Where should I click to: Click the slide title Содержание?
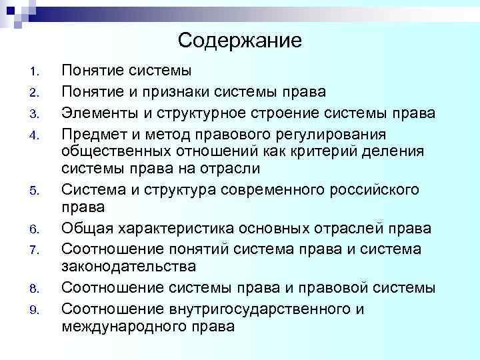point(240,41)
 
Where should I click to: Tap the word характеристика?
point(175,229)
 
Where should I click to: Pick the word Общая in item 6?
point(83,229)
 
